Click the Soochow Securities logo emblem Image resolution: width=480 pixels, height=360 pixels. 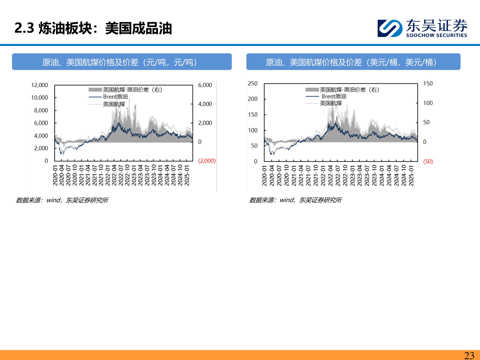[390, 28]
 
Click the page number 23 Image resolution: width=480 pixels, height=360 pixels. [469, 355]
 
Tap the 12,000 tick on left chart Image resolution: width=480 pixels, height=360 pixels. [39, 85]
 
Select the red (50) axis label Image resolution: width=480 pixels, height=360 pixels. [428, 161]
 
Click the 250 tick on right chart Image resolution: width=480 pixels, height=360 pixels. [253, 83]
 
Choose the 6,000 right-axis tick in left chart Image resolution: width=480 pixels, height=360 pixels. [205, 85]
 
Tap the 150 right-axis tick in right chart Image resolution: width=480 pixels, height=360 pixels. [428, 83]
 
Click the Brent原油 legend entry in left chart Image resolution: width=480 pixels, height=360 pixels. [115, 97]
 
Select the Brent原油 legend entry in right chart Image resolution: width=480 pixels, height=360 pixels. [334, 96]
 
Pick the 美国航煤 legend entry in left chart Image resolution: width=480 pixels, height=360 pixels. [114, 104]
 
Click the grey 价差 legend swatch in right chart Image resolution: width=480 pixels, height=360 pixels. [312, 90]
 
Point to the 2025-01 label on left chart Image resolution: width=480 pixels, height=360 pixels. [187, 175]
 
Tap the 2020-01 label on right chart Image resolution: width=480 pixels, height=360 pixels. [265, 175]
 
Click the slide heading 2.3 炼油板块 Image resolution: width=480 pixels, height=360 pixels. [93, 28]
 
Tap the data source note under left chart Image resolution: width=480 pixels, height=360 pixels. [62, 200]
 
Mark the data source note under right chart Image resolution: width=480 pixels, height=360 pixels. [295, 200]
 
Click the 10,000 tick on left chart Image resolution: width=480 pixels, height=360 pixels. [39, 98]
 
